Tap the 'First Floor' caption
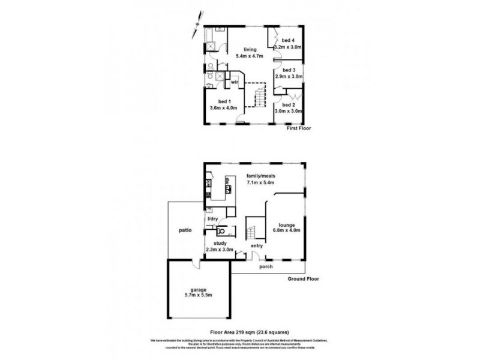pos(299,128)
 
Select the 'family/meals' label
pos(260,176)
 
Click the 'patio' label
pos(184,230)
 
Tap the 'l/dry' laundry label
pos(212,218)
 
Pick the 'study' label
pos(220,244)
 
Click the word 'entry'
pos(257,245)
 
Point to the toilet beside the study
pos(223,230)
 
